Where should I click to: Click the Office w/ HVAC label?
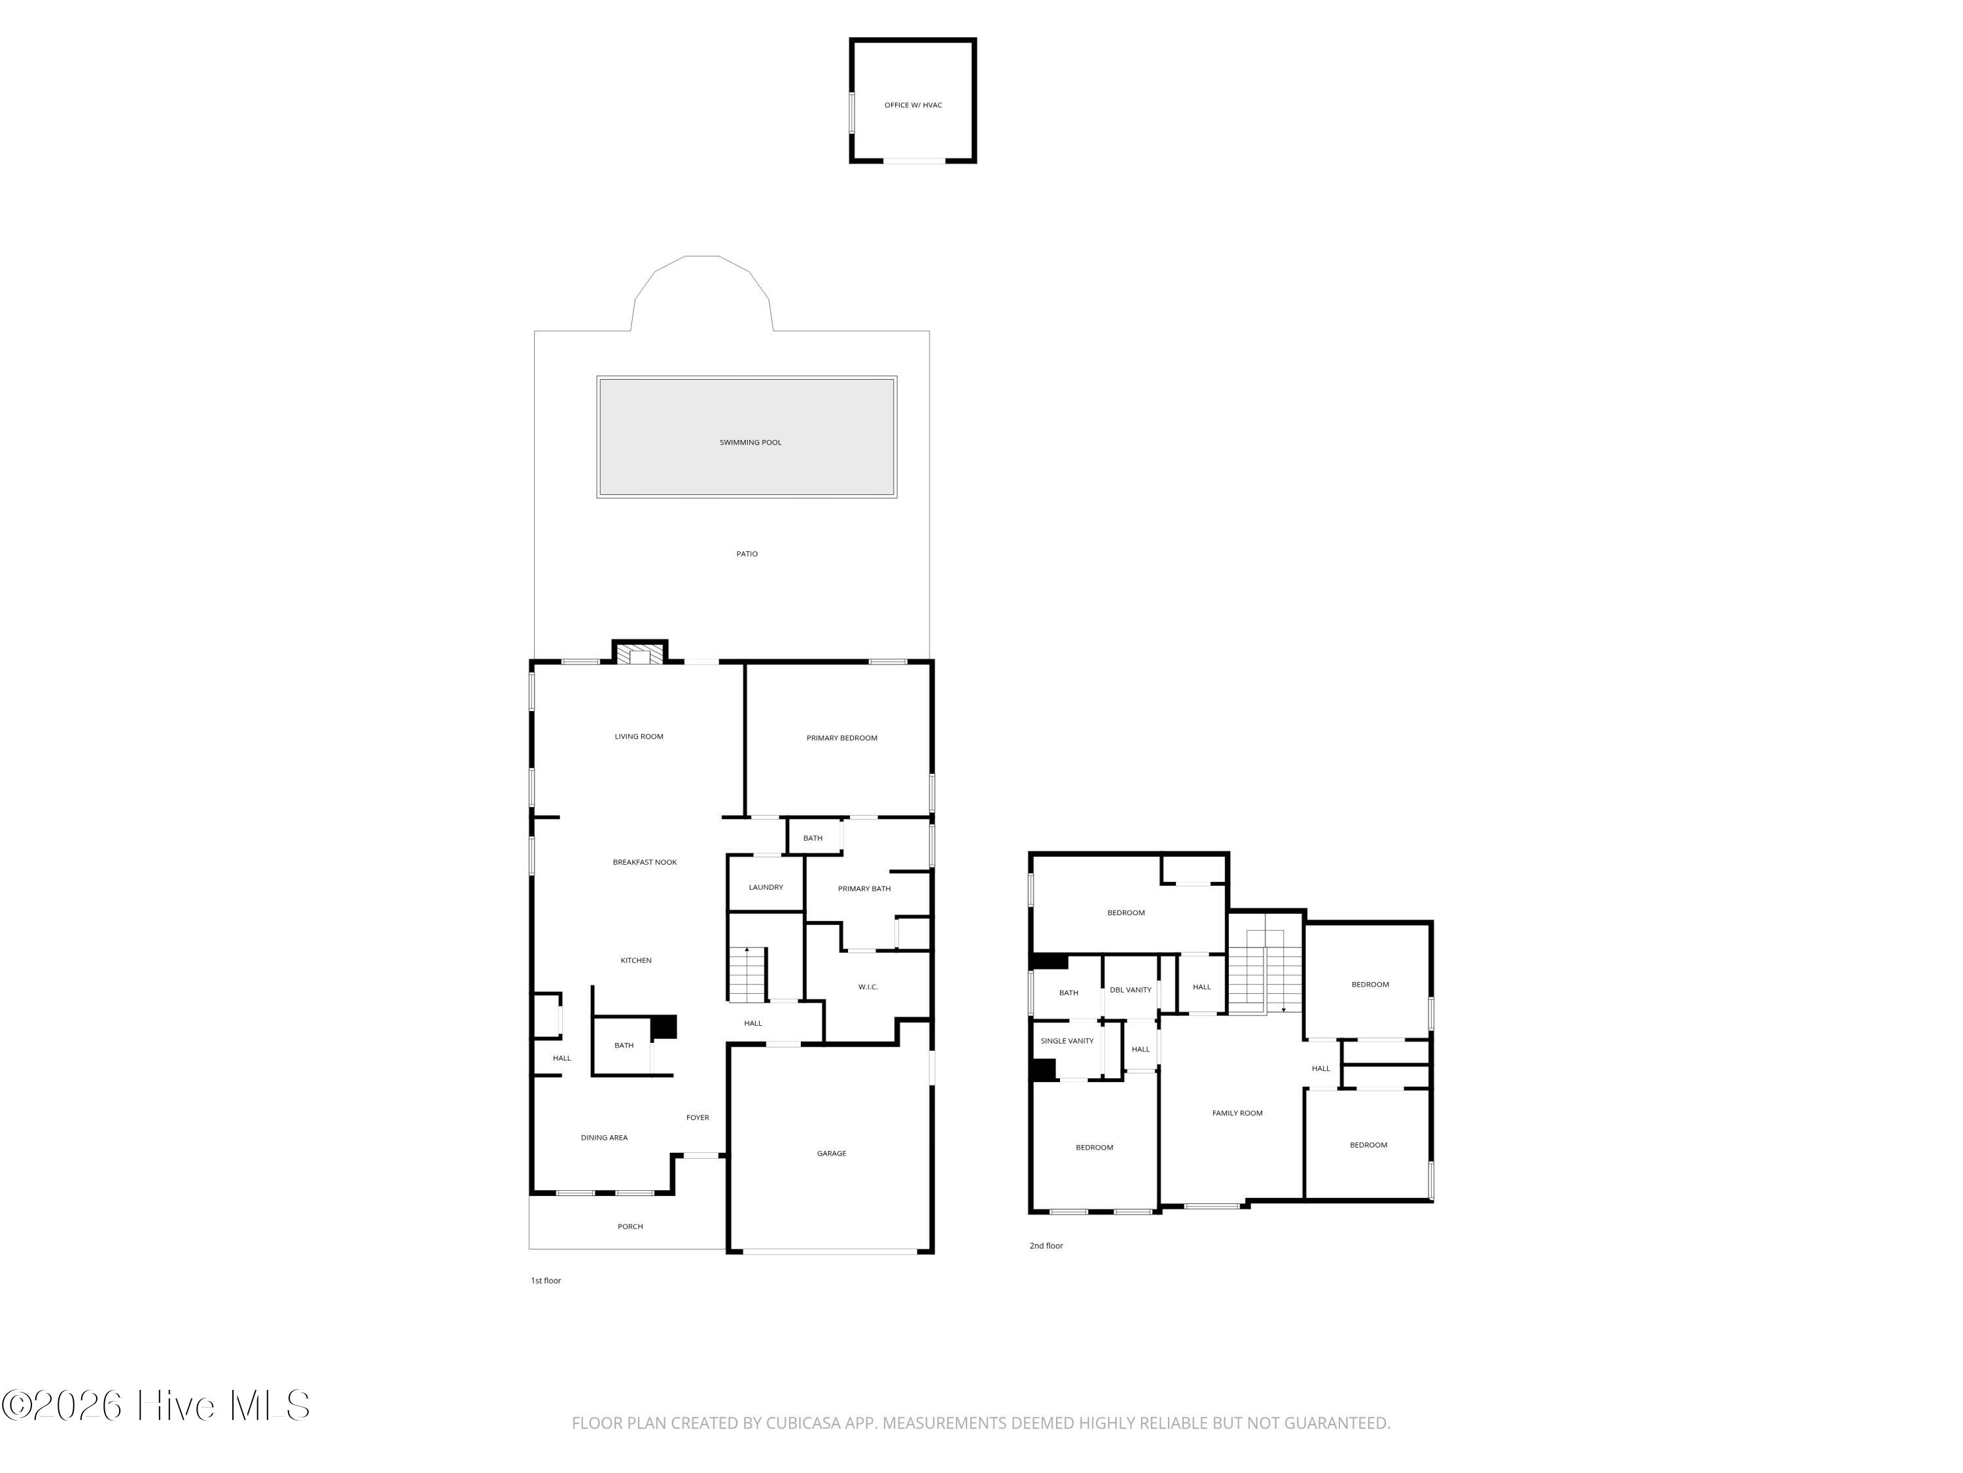[x=913, y=105]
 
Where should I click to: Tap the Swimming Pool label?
[x=750, y=442]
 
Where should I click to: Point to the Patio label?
[x=747, y=554]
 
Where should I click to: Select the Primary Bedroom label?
[x=841, y=738]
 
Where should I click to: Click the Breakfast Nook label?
[x=645, y=862]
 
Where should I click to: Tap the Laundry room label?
[x=766, y=887]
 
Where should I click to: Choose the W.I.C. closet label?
[x=868, y=987]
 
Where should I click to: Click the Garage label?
[x=832, y=1154]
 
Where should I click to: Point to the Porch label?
[x=630, y=1226]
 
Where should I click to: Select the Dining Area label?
[x=605, y=1137]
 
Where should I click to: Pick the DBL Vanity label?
[x=1131, y=989]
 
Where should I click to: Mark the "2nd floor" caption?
[x=1046, y=1246]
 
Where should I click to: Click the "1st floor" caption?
[x=546, y=1281]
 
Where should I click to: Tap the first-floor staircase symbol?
[x=747, y=974]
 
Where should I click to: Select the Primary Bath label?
[x=864, y=889]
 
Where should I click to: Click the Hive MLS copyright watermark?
[x=156, y=1405]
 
